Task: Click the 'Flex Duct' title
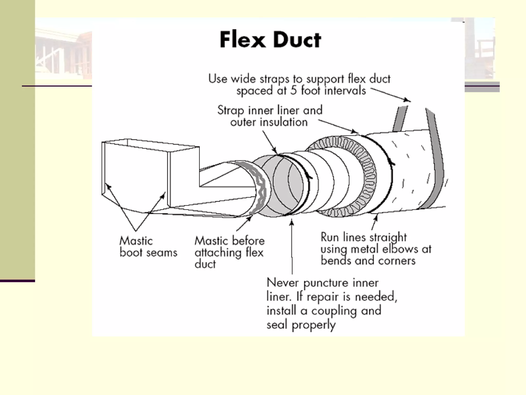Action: (x=270, y=40)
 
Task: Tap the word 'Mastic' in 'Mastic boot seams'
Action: (x=136, y=241)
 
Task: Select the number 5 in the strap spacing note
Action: (x=293, y=91)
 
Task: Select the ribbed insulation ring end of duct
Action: (x=365, y=177)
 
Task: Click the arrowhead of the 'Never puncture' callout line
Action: (x=292, y=222)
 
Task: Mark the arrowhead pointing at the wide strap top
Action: (x=407, y=100)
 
